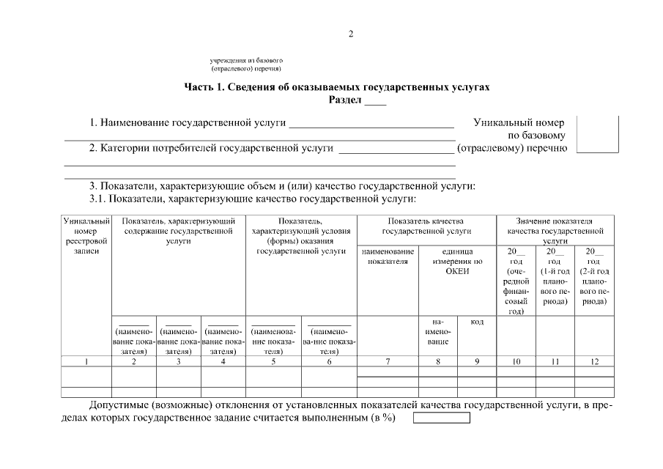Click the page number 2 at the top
point(351,34)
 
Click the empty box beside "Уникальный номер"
point(597,134)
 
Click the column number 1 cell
point(86,361)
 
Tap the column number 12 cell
point(594,361)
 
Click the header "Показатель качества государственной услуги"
point(426,226)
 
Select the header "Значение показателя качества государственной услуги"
point(555,230)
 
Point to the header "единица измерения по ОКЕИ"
point(457,261)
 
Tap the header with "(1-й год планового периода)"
point(555,277)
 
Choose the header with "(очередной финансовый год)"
point(516,281)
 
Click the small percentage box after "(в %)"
point(442,418)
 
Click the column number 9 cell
point(477,361)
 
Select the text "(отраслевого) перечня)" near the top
point(246,67)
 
